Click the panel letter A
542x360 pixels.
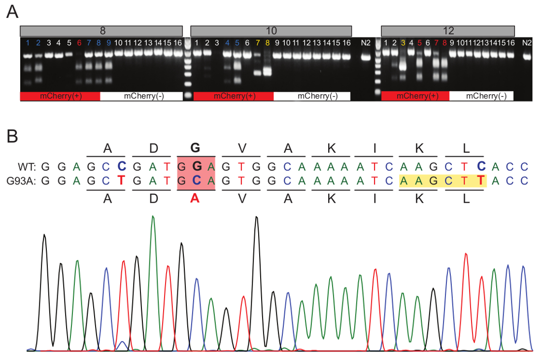[13, 12]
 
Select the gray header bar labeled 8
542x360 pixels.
[102, 31]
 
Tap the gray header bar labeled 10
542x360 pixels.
[271, 31]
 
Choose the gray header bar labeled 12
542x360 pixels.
[448, 31]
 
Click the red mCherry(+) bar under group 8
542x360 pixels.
[60, 96]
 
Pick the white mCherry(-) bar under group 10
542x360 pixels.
[312, 96]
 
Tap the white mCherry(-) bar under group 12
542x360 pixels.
[481, 96]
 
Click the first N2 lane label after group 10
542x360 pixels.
[365, 43]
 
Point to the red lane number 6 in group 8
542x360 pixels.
[79, 43]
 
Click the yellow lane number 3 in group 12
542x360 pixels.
[403, 43]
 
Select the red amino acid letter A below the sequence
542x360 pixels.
[196, 199]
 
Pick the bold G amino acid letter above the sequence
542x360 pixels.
[196, 147]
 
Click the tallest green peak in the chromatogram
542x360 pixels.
[153, 217]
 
